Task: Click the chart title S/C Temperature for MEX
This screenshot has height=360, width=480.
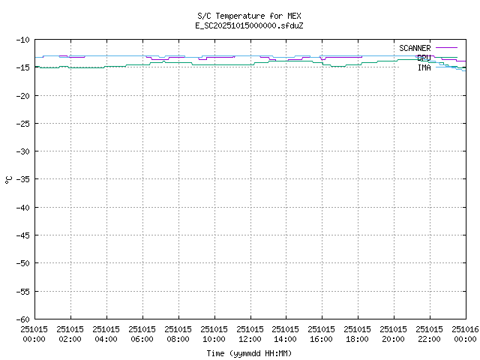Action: (250, 16)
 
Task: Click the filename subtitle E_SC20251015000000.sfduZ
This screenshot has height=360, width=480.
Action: (250, 25)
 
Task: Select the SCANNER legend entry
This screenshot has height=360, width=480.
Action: (415, 48)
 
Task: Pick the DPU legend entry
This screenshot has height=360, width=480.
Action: (424, 58)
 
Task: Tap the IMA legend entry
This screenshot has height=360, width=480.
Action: (424, 67)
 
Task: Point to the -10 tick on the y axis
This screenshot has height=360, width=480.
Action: (22, 40)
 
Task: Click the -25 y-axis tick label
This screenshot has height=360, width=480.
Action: (22, 124)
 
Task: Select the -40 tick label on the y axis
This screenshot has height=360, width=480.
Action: (22, 207)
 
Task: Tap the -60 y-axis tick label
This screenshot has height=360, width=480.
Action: (22, 319)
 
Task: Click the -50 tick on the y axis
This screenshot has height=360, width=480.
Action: (22, 263)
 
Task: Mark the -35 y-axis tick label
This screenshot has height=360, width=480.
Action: (22, 179)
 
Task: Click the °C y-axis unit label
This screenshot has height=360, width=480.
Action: (9, 179)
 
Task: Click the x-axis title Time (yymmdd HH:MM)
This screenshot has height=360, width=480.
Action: (250, 353)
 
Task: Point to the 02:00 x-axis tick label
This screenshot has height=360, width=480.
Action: (70, 334)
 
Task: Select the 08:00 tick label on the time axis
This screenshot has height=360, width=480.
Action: (178, 334)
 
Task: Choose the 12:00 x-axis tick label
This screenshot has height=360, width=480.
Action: (250, 334)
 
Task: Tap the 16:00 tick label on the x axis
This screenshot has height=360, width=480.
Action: (322, 334)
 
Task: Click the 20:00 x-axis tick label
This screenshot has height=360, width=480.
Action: (394, 334)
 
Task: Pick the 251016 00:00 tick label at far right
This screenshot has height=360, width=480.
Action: (465, 334)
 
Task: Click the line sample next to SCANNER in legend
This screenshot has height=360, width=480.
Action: (446, 48)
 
